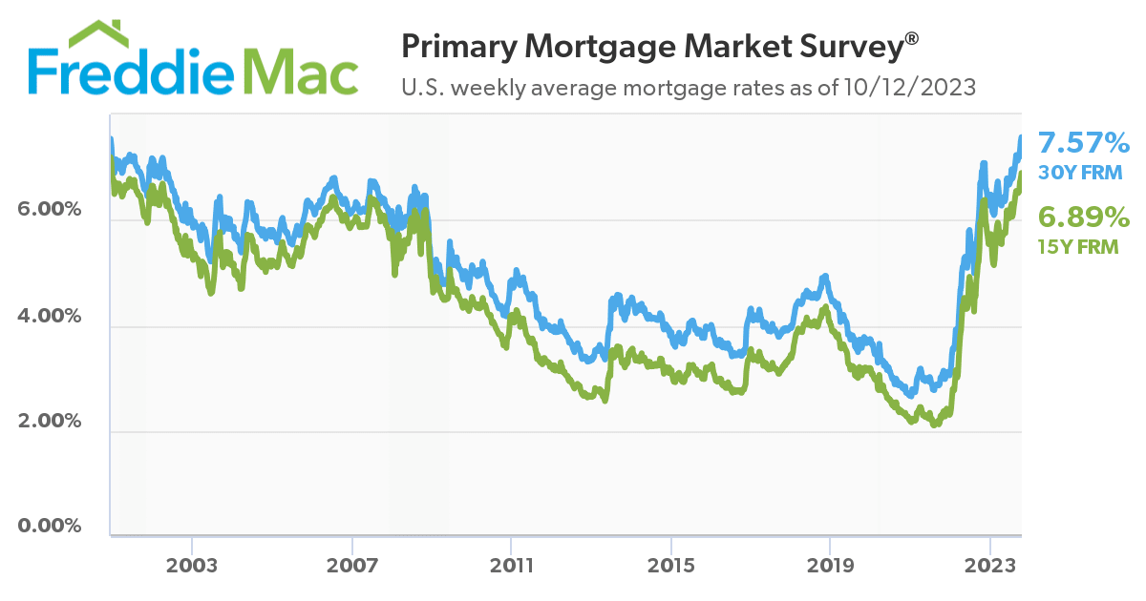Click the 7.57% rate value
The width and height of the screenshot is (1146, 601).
point(1084,144)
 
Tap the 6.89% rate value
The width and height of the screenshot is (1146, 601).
point(1084,216)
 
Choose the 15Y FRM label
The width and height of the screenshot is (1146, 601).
point(1077,246)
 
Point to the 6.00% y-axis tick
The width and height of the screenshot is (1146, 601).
point(50,209)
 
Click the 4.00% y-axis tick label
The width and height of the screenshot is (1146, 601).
point(50,315)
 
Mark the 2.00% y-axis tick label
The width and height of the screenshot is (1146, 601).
point(50,421)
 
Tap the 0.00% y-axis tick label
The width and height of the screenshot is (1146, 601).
point(50,527)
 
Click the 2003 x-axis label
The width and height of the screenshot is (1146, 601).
point(192,565)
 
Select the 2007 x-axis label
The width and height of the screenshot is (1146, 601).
point(352,565)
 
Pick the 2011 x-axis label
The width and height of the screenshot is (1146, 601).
point(511,565)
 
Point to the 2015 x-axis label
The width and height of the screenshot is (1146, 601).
point(670,565)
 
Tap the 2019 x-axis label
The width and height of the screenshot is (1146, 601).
point(830,565)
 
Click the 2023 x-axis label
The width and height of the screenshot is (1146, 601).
point(990,565)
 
